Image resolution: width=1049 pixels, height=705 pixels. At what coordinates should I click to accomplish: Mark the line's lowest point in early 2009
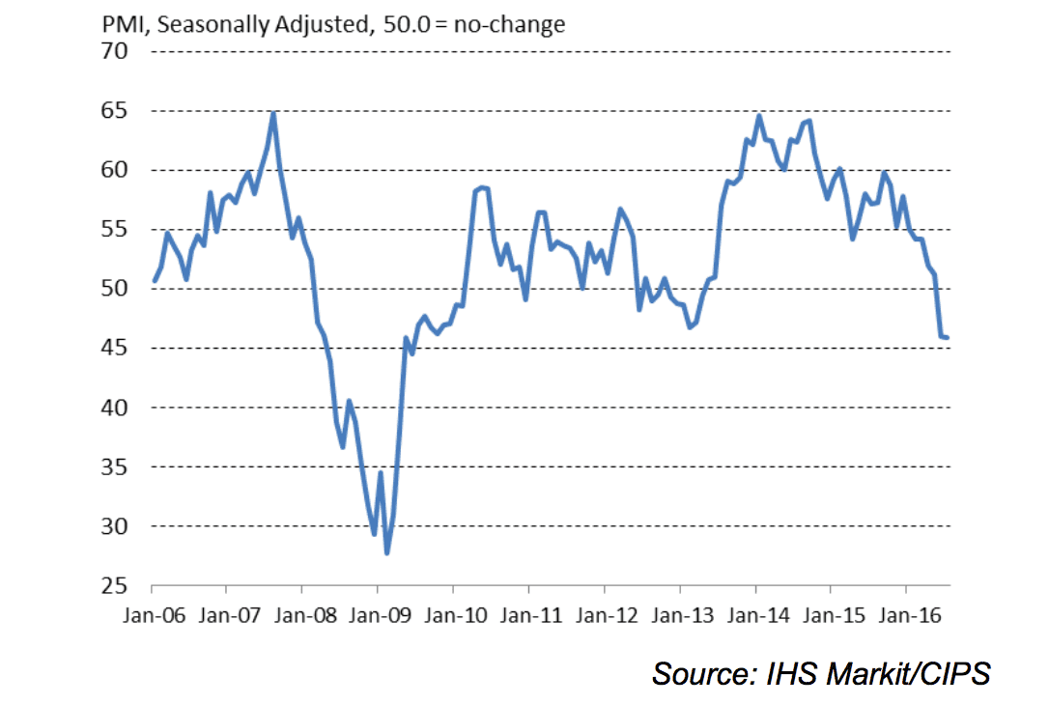tap(387, 552)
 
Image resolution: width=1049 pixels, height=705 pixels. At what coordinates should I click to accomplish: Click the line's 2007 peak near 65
tap(273, 113)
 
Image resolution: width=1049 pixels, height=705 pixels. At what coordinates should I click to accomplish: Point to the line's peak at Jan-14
tap(758, 116)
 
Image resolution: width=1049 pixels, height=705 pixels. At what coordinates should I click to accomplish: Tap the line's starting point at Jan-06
tap(154, 281)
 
